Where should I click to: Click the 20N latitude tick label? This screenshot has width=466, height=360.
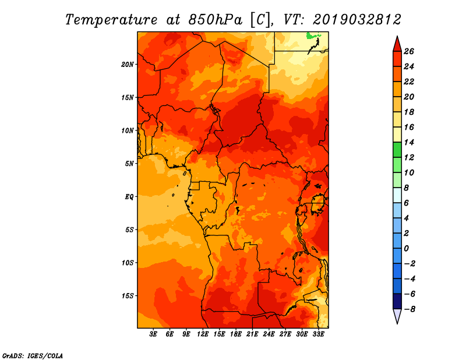128,64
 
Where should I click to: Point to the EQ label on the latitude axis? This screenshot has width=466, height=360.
129,196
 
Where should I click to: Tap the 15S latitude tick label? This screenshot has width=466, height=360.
128,295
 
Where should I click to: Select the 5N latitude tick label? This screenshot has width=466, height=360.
129,163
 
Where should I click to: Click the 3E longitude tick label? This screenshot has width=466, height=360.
153,334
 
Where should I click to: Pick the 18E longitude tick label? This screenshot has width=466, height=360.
236,334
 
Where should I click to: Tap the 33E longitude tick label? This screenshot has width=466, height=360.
319,334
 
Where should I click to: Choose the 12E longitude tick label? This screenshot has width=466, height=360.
203,334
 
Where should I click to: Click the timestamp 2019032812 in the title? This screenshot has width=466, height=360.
357,19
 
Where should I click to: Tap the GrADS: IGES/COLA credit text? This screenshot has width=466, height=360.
32,355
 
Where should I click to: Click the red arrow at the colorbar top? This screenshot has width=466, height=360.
396,44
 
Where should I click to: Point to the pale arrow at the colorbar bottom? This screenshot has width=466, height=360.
396,316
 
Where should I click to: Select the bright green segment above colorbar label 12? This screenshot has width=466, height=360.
396,150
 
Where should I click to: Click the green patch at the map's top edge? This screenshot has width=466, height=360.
314,37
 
